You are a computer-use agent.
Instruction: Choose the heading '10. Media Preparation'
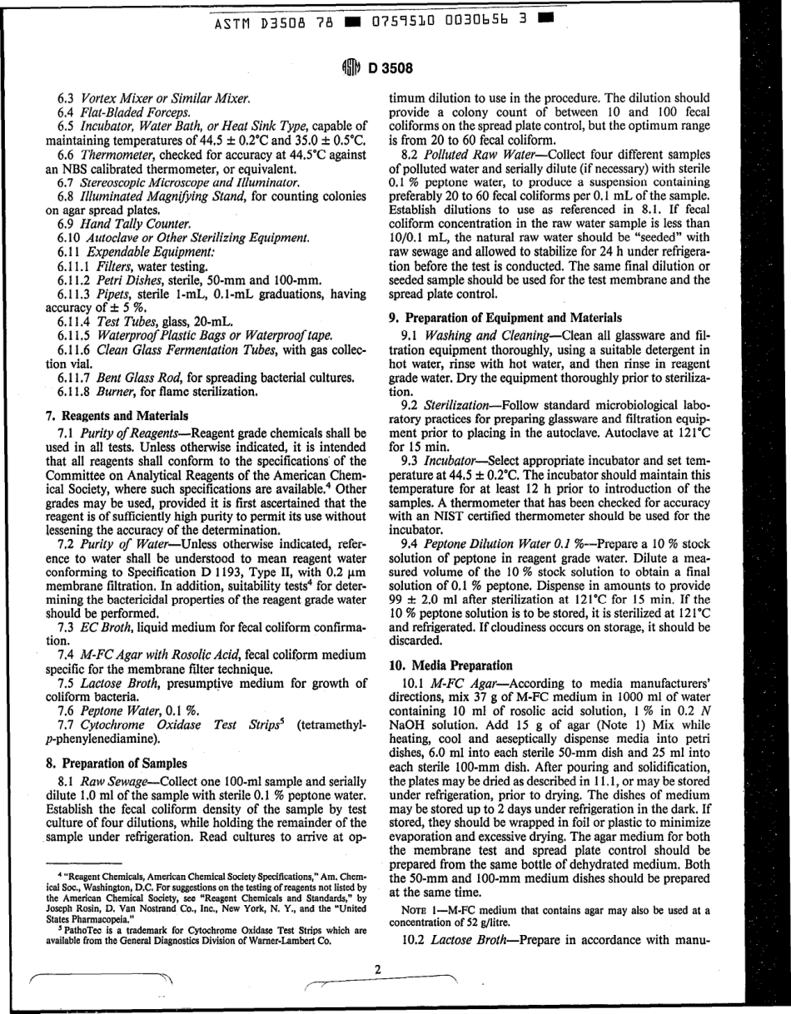pos(449,665)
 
